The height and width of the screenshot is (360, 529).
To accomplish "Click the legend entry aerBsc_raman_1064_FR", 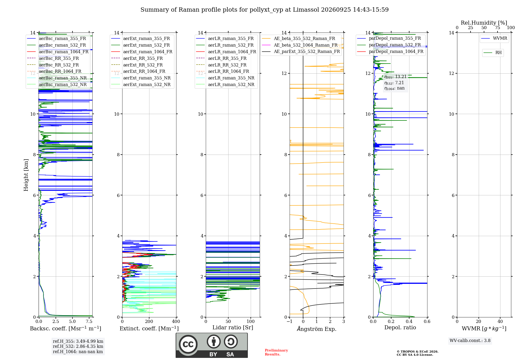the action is tap(58, 52).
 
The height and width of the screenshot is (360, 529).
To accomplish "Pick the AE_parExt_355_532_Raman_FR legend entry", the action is tap(301, 52).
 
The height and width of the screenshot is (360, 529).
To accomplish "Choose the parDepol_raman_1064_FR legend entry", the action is tap(390, 51).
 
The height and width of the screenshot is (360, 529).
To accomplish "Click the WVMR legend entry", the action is tap(494, 38).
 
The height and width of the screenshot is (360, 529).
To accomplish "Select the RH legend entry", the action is tap(493, 53).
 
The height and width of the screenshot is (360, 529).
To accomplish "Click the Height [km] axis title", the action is tap(26, 175).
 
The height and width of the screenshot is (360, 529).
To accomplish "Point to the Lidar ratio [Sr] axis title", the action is tap(233, 327).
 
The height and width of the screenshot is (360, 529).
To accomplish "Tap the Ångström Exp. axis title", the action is tap(317, 329).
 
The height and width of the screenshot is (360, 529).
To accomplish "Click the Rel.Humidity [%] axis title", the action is tap(484, 23).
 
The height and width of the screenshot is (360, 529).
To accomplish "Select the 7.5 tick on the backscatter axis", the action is tap(89, 321).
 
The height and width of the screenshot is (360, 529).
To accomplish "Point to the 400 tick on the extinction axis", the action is tap(176, 321).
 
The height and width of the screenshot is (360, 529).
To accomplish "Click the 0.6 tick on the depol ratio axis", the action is tap(427, 321).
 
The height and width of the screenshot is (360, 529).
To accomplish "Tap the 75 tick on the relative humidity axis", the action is tap(498, 28).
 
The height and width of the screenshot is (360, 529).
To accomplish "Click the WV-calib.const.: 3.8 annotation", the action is tap(470, 341).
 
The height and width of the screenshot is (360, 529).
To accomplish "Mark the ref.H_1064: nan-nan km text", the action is tap(78, 352).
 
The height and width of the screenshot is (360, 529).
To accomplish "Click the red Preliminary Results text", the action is tap(276, 352).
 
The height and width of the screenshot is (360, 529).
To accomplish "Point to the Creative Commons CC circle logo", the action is tap(188, 344).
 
